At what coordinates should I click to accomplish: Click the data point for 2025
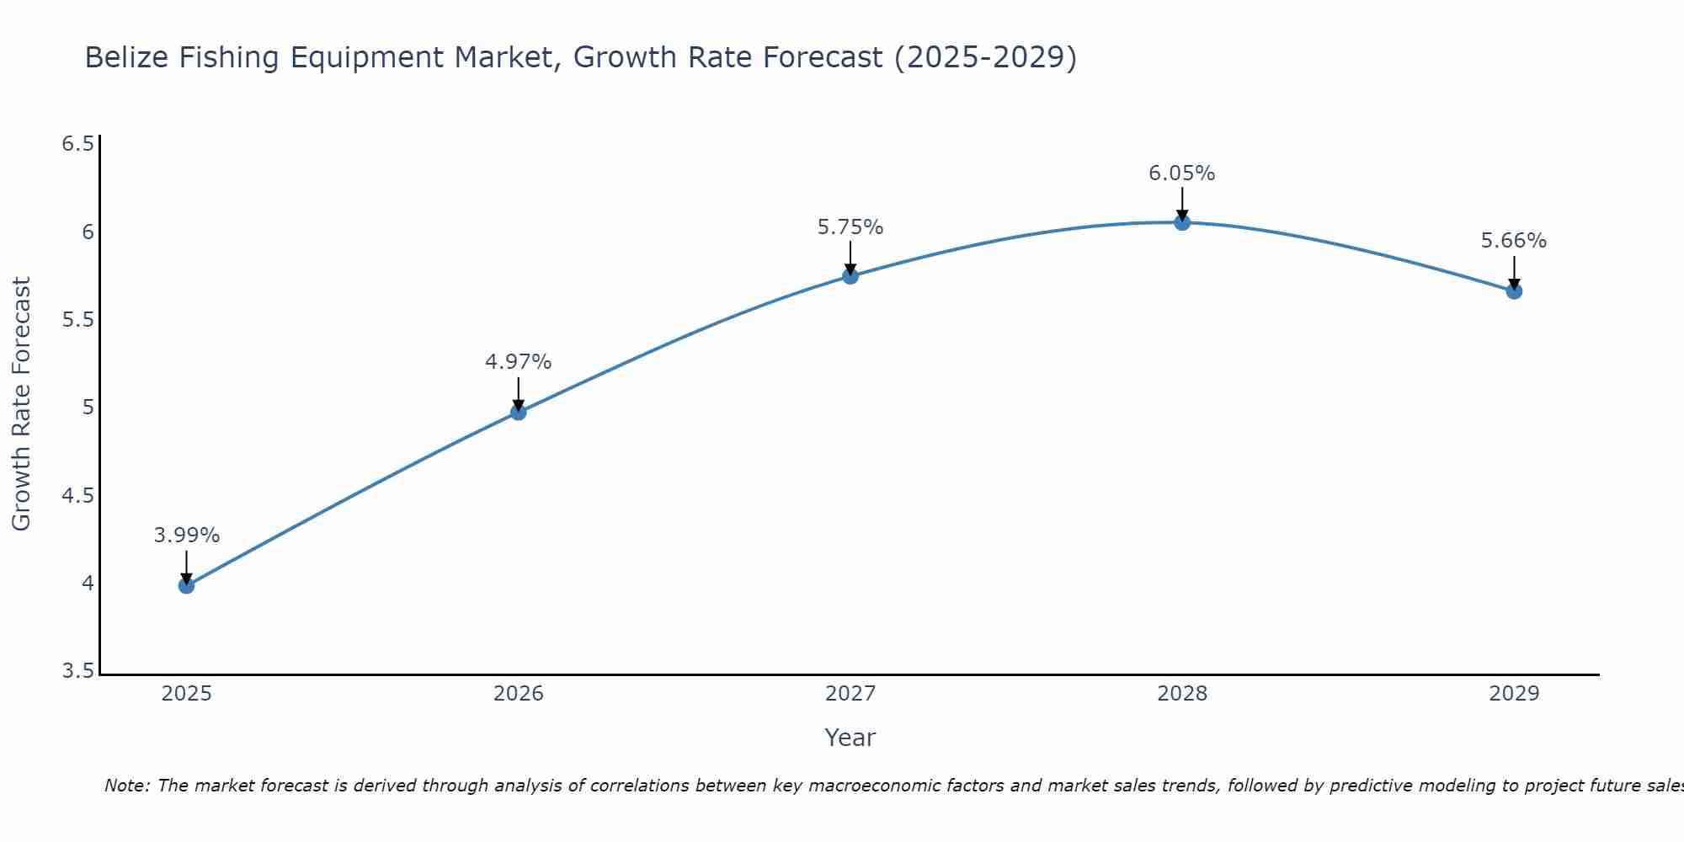point(186,585)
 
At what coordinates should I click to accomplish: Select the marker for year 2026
point(519,412)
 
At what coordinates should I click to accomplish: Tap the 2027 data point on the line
point(850,275)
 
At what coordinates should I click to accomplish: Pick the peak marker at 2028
point(1182,222)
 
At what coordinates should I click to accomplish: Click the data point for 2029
point(1514,291)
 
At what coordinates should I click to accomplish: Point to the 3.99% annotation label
point(186,536)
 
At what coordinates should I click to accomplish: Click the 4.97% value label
point(519,362)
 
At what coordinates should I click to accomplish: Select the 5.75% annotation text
point(850,227)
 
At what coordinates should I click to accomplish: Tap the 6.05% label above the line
point(1182,173)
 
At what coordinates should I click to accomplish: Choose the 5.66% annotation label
point(1514,241)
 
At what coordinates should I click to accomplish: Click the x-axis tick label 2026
point(519,694)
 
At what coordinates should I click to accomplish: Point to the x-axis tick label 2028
point(1182,694)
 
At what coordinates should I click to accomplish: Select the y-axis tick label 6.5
point(77,144)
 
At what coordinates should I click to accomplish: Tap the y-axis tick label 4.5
point(77,496)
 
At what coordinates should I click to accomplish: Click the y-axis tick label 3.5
point(77,671)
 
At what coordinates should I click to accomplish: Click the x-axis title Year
point(850,738)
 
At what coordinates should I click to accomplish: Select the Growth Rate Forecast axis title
point(21,404)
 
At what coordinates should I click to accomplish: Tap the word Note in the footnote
point(126,786)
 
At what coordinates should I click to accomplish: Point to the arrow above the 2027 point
point(850,258)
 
